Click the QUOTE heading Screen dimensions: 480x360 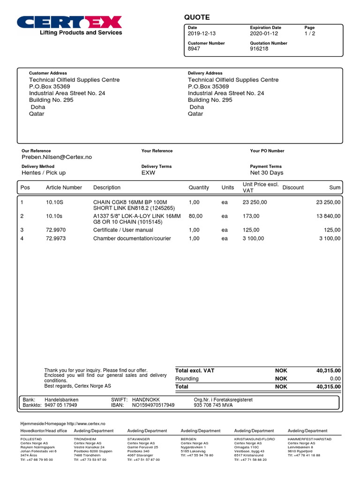197,17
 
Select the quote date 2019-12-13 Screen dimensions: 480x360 202,34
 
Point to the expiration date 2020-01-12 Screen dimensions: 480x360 264,34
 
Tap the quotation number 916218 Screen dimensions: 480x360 259,49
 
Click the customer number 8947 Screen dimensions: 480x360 194,49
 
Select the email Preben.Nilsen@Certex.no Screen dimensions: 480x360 57,157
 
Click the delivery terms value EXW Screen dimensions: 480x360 148,172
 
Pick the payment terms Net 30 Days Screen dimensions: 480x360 267,172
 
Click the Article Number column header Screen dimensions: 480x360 64,187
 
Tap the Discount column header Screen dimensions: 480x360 293,187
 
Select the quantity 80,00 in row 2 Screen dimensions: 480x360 195,216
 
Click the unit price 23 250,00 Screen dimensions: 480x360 255,202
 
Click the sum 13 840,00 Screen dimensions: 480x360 329,216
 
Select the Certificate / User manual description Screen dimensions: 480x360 123,230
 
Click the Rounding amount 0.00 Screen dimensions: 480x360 334,379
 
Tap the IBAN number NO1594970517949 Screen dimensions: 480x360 153,405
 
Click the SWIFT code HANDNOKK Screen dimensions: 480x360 146,399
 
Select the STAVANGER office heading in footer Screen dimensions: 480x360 138,439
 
